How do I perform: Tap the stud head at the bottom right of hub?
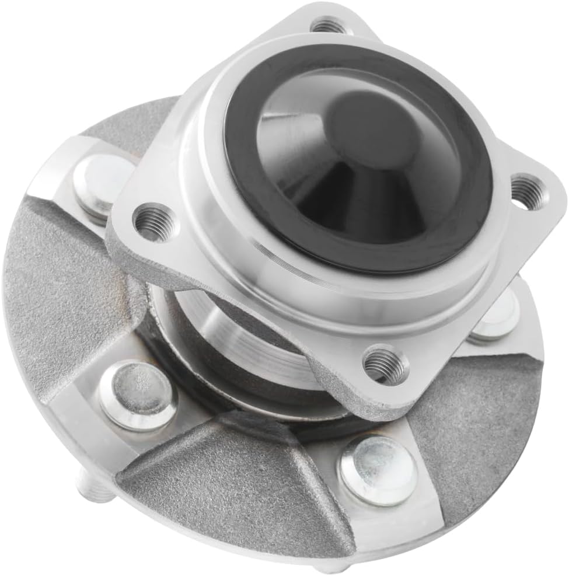pos(378,470)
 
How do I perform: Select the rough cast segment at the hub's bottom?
pos(233,479)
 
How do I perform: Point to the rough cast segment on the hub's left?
pos(53,292)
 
